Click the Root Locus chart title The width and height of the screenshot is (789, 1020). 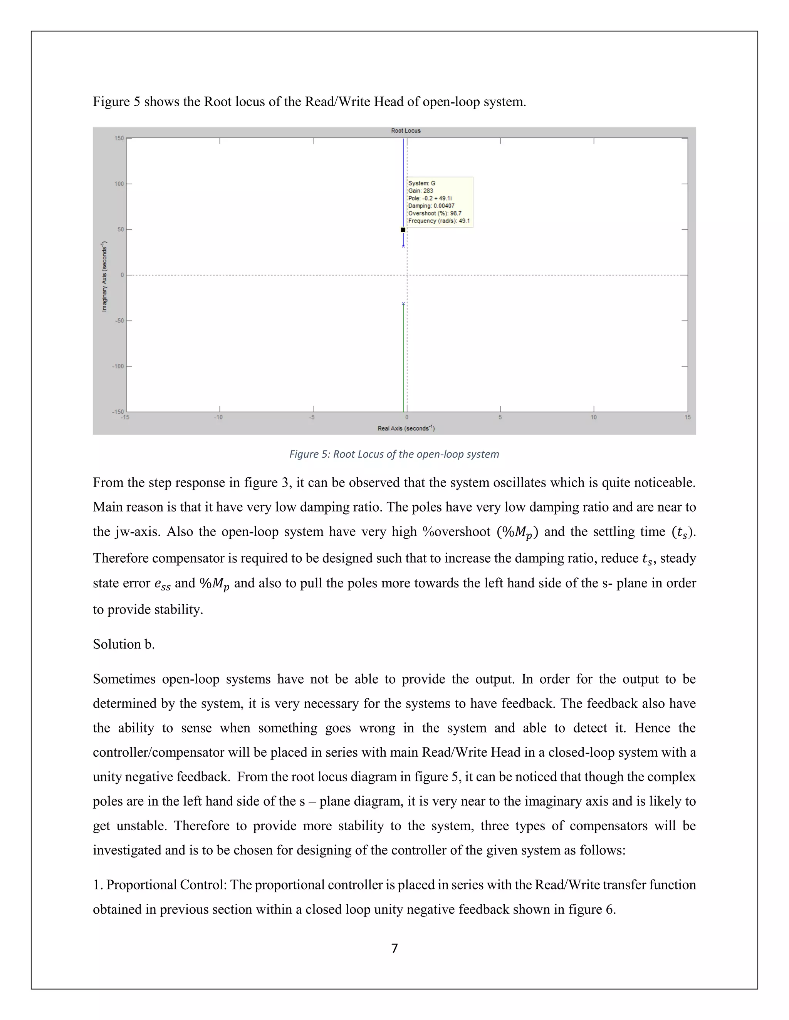[x=406, y=131]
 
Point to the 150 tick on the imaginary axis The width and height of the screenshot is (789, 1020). [x=119, y=138]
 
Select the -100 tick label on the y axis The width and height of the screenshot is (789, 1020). [x=118, y=366]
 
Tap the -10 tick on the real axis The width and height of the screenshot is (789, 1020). [x=218, y=417]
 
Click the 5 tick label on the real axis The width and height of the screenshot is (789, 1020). [x=500, y=417]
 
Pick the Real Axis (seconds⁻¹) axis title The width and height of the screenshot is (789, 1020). [x=406, y=428]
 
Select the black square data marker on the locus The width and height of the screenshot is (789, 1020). [x=403, y=230]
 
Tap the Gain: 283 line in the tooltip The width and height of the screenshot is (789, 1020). [x=421, y=191]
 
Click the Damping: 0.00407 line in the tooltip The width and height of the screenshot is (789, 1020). [x=431, y=206]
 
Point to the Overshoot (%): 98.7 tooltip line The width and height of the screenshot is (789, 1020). [x=435, y=213]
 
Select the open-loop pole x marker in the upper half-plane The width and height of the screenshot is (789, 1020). [x=403, y=246]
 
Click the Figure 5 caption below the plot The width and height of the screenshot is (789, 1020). [x=394, y=454]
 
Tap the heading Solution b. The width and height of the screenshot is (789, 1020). [x=123, y=644]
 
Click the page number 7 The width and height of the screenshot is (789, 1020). [x=394, y=948]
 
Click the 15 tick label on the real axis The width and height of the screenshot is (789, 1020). [x=687, y=417]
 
